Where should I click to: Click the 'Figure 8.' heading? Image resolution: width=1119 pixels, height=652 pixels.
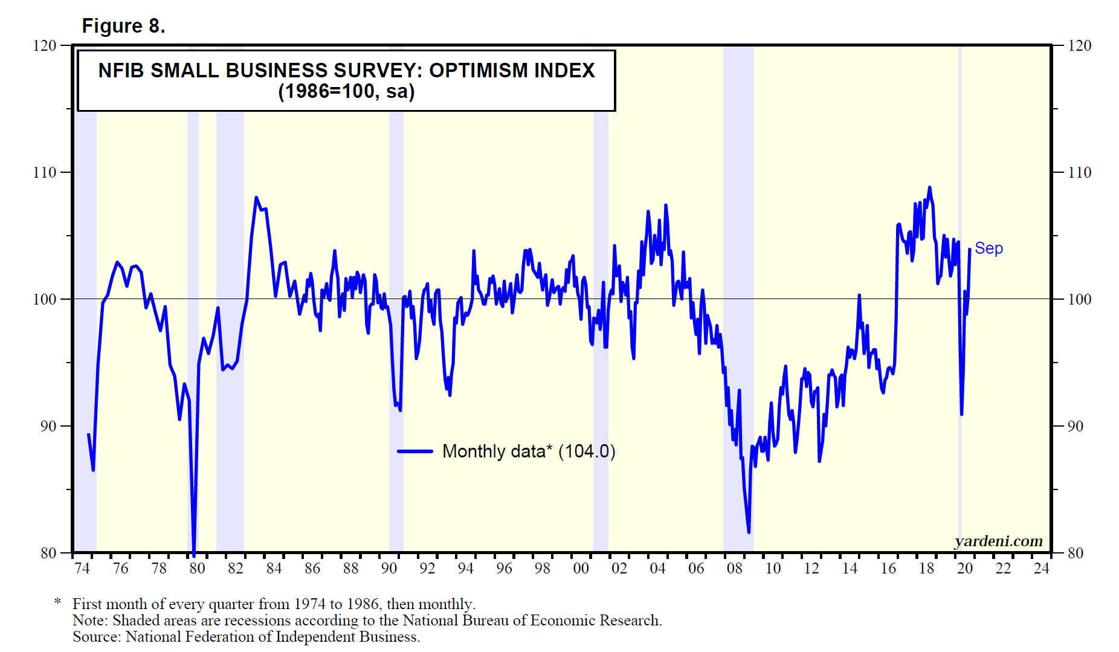123,26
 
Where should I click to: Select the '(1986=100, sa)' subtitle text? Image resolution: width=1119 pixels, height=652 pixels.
346,92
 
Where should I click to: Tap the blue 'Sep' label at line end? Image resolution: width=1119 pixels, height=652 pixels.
988,248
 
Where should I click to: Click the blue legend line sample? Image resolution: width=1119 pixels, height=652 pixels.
415,451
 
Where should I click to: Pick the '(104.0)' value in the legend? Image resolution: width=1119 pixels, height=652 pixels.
586,451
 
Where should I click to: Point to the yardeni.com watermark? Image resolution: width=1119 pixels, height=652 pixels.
998,541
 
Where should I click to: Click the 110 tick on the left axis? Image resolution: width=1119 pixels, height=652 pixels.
44,172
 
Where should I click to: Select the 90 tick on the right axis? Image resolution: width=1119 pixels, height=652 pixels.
1075,426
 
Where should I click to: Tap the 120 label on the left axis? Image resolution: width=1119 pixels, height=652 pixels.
44,45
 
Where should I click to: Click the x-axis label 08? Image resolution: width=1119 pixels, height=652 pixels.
734,568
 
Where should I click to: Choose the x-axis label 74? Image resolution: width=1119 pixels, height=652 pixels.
82,568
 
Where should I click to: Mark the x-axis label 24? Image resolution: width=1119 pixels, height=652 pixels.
1041,568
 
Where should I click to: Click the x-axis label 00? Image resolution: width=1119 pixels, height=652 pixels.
581,568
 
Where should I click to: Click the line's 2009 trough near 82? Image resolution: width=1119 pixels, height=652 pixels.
749,532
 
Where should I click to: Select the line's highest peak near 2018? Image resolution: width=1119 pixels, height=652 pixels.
929,188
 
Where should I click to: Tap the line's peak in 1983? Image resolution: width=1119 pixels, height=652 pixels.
256,198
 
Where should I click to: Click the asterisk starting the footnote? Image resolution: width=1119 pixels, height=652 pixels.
58,603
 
